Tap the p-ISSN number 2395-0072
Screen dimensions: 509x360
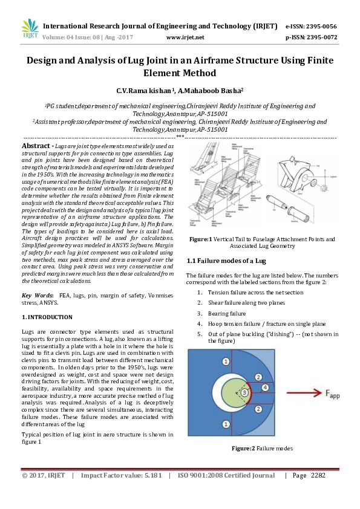click(x=323, y=37)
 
